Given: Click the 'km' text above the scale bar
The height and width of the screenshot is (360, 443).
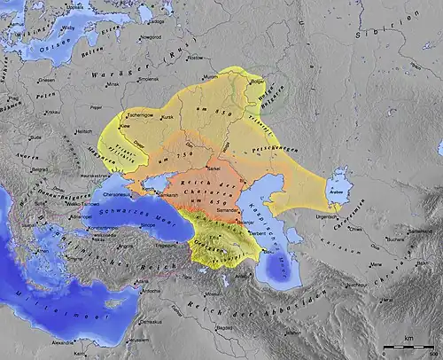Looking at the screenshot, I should click(408, 337).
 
